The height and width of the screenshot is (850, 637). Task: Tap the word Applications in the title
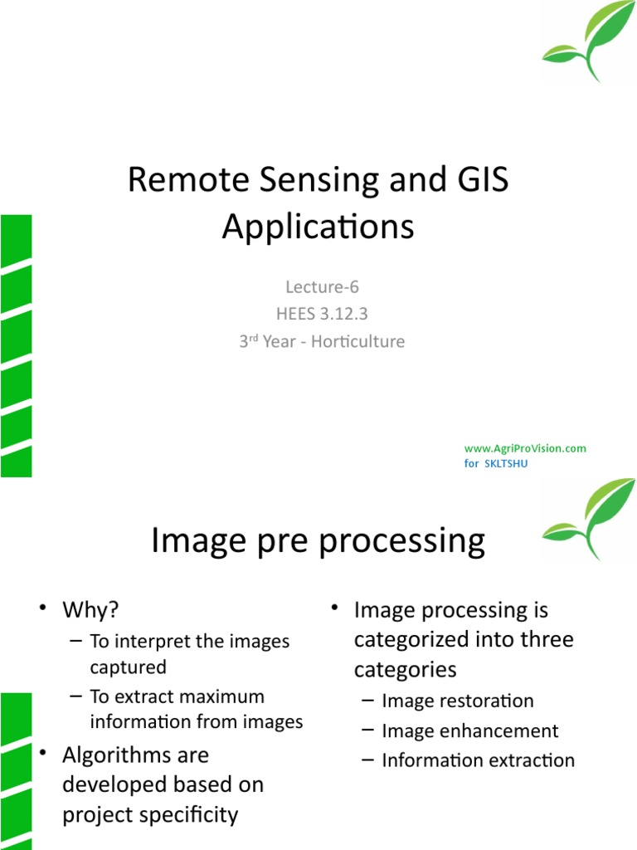[318, 227]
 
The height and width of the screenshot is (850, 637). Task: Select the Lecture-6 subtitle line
[322, 287]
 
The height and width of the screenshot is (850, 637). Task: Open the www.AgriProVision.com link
[525, 448]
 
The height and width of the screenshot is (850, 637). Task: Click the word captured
[129, 667]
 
